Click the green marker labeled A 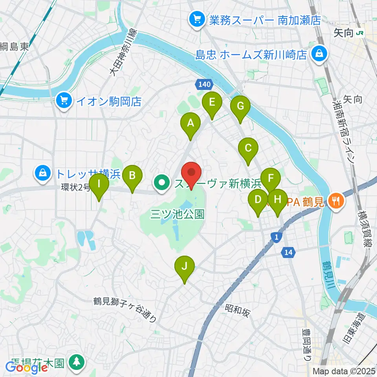(x=190, y=124)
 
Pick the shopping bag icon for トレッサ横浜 (x=42, y=172)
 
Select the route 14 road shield (x=289, y=254)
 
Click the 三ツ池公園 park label (x=178, y=214)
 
